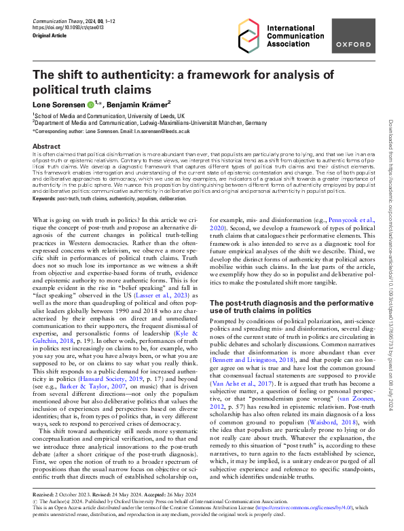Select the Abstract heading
click(x=47, y=146)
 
